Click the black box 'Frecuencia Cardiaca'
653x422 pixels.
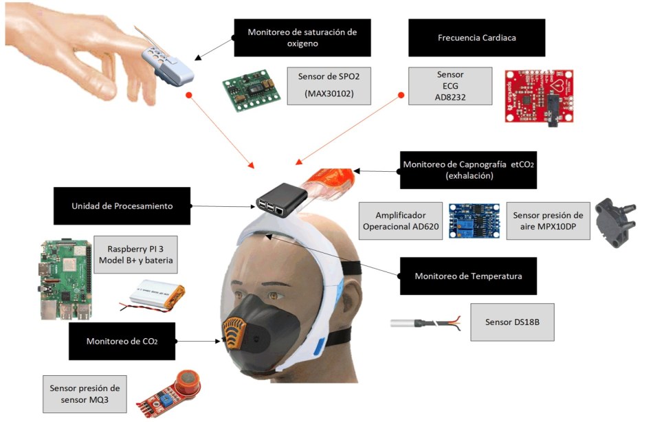476,38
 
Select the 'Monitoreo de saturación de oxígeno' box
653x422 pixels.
302,38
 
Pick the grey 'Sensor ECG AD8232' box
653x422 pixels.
450,85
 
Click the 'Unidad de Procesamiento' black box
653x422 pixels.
122,206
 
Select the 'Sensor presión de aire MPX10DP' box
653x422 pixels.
547,220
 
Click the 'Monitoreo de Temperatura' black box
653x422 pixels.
468,276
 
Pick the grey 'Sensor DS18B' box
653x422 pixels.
511,321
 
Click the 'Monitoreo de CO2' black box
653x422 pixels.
122,342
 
